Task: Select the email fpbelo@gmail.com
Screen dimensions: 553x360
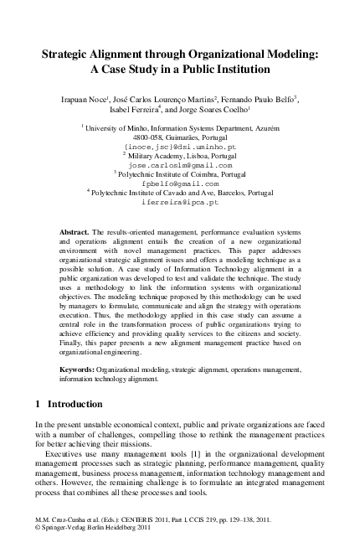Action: [180, 183]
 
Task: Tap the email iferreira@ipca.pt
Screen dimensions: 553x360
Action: [180, 202]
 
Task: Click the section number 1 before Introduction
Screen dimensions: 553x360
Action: [38, 404]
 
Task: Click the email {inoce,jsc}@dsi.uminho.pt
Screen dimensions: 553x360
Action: [180, 147]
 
